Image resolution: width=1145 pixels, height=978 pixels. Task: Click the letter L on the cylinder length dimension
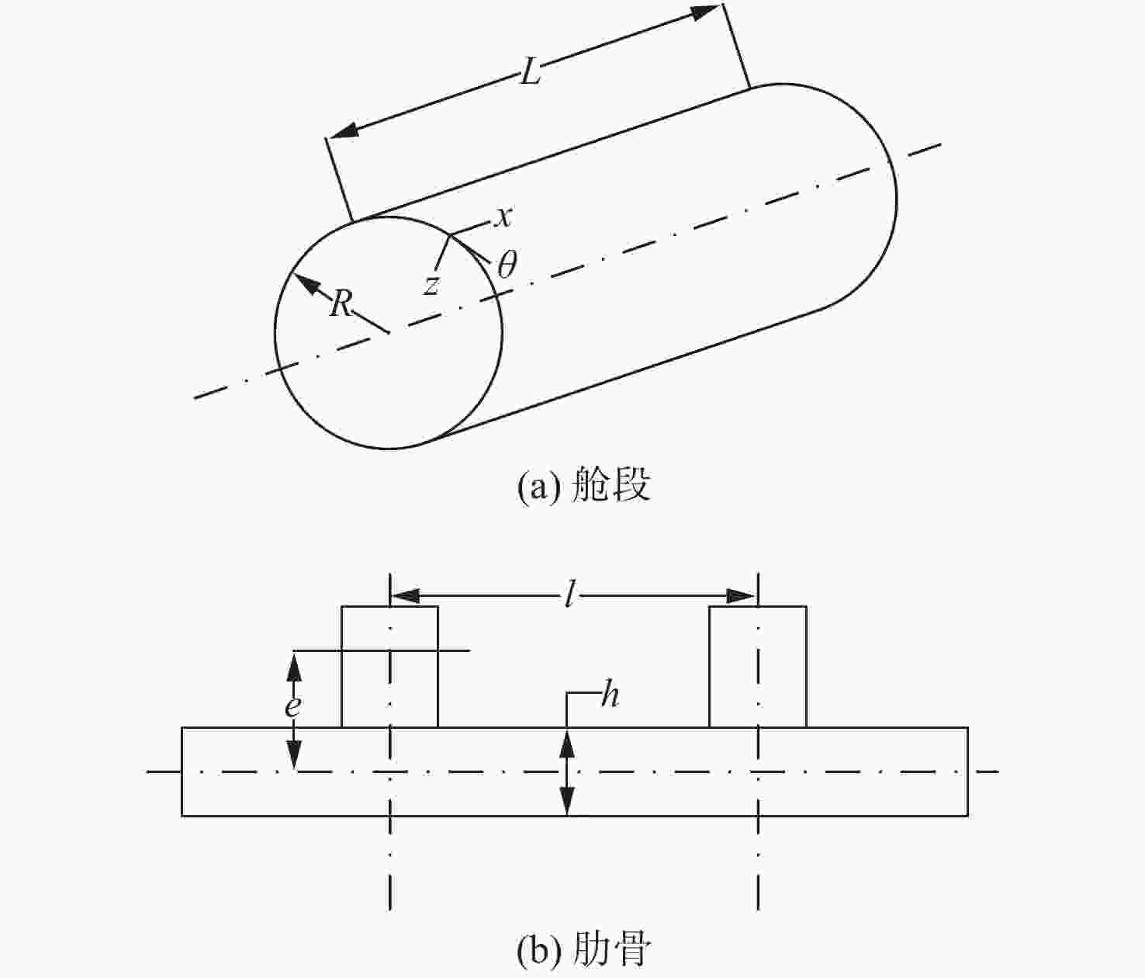(x=530, y=71)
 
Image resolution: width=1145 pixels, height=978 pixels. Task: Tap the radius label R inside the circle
(x=341, y=303)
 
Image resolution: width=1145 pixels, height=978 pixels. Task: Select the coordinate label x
(x=503, y=217)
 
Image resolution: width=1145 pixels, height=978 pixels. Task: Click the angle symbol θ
(x=507, y=264)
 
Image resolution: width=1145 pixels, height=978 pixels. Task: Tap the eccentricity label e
(x=293, y=706)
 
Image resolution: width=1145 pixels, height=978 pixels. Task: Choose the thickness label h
(x=610, y=695)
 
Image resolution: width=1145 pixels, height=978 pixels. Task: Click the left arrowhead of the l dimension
(x=405, y=597)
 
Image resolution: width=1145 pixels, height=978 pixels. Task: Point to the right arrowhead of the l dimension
(x=742, y=597)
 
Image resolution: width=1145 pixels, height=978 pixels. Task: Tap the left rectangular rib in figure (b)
(x=389, y=667)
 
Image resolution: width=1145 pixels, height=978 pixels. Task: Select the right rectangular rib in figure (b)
(x=758, y=667)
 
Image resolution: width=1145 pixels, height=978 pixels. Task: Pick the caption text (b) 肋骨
(x=583, y=949)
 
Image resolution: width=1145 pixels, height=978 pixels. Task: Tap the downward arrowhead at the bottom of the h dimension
(x=566, y=800)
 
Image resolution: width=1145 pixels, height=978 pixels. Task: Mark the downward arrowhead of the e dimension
(x=293, y=756)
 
